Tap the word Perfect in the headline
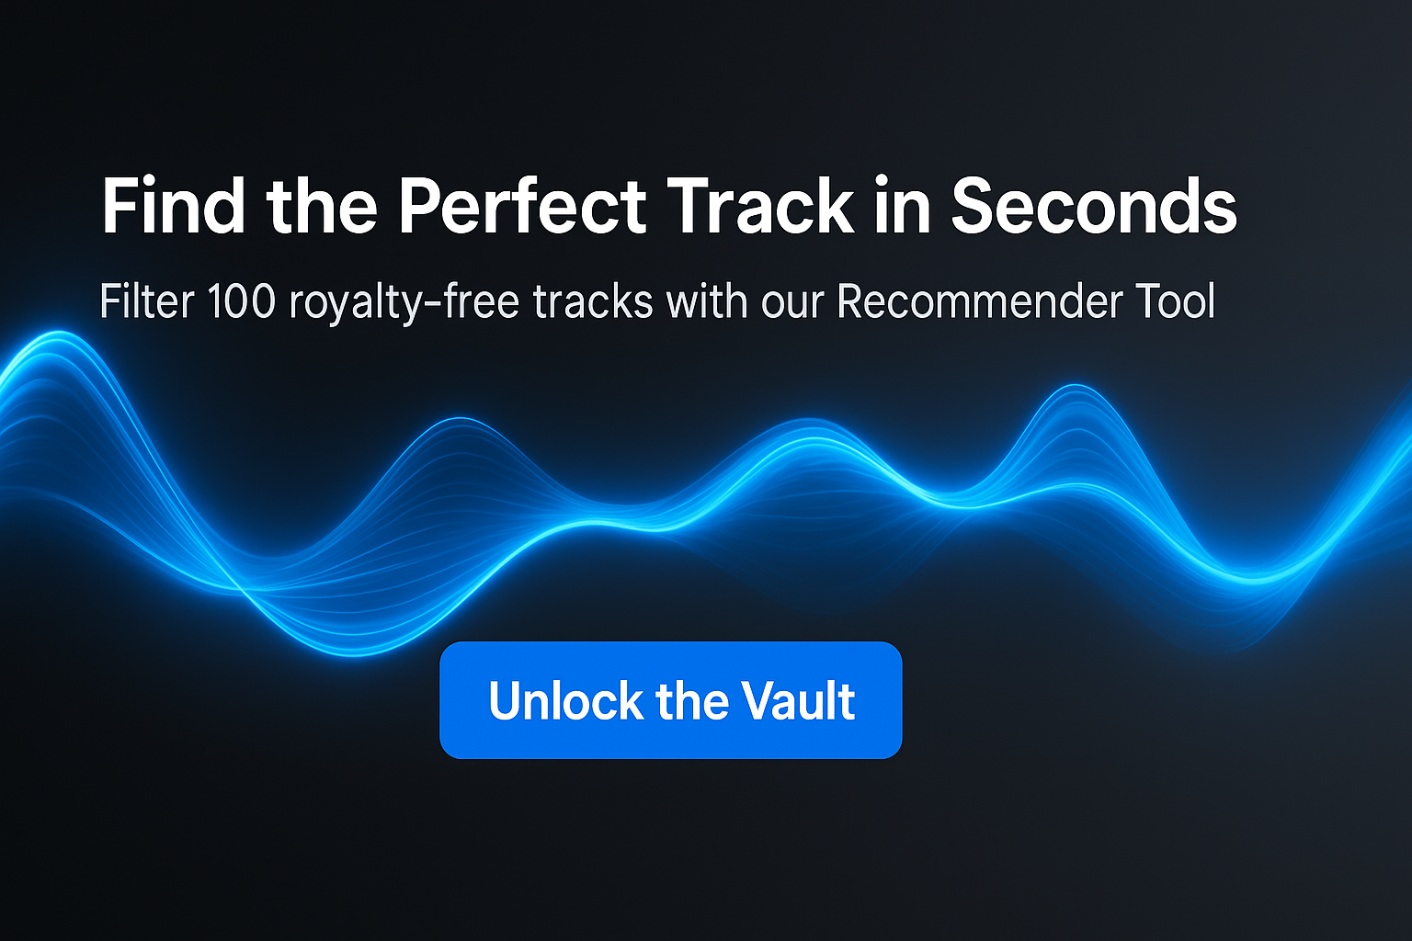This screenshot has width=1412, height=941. pyautogui.click(x=522, y=205)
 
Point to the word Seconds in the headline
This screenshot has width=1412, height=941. pyautogui.click(x=1094, y=205)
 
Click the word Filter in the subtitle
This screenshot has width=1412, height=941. pyautogui.click(x=147, y=301)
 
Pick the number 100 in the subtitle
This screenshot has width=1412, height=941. pyautogui.click(x=242, y=302)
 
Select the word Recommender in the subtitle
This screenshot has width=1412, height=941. pyautogui.click(x=980, y=301)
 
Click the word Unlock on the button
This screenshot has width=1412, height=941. pyautogui.click(x=565, y=700)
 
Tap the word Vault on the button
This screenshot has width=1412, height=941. pyautogui.click(x=798, y=700)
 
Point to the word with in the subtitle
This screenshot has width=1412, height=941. pyautogui.click(x=707, y=301)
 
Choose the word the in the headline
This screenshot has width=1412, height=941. pyautogui.click(x=322, y=205)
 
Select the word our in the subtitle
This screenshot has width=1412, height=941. pyautogui.click(x=792, y=307)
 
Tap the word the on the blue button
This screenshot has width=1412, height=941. pyautogui.click(x=692, y=700)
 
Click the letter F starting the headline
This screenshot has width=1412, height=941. pyautogui.click(x=120, y=206)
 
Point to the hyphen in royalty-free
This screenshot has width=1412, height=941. pyautogui.click(x=428, y=304)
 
